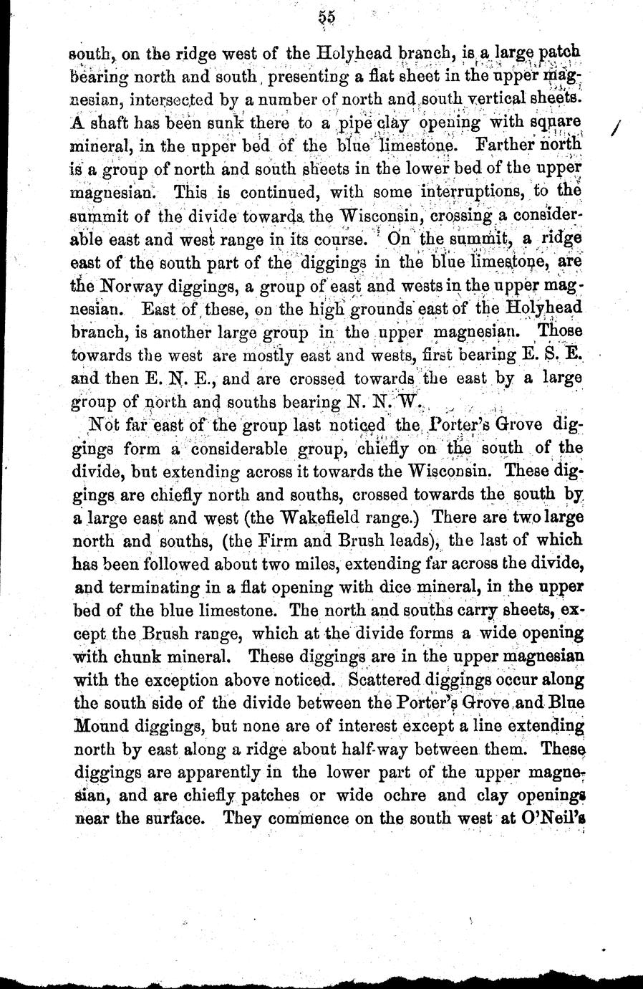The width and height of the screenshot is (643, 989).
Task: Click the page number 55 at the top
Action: point(328,17)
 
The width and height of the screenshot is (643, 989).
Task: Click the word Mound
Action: point(97,725)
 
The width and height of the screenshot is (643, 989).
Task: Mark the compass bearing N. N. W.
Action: point(393,402)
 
